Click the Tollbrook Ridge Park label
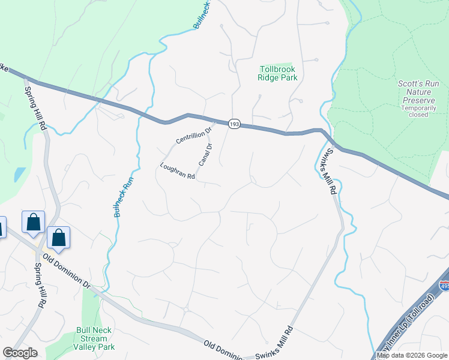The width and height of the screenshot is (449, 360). (x=277, y=73)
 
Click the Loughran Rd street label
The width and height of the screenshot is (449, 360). (x=178, y=172)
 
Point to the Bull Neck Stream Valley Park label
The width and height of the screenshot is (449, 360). (x=95, y=338)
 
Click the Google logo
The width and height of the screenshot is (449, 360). (x=20, y=353)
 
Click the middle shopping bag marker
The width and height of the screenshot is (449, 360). (x=34, y=221)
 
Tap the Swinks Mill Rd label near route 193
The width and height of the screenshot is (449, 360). (x=325, y=172)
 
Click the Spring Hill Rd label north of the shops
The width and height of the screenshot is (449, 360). (x=35, y=109)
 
